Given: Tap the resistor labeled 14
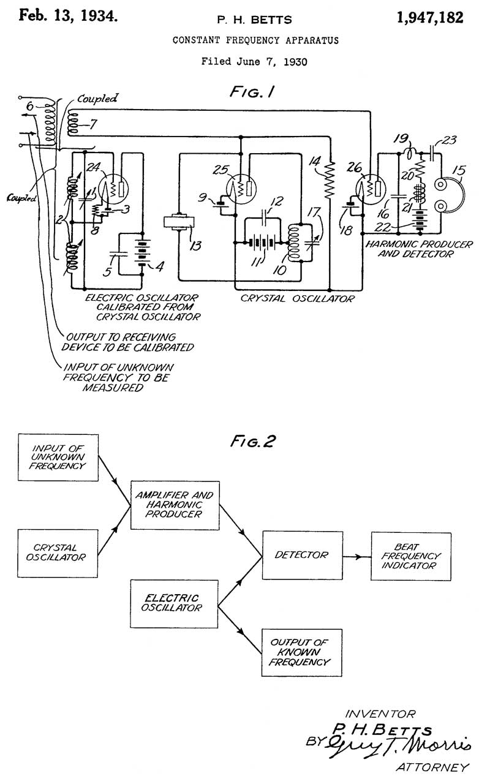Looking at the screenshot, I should (331, 179).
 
